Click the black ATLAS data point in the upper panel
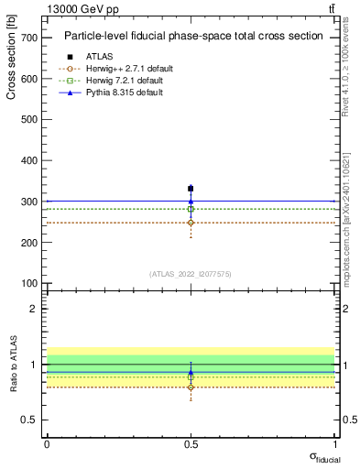tap(191, 189)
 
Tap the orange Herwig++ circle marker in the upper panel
tap(191, 223)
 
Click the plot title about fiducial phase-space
tap(192, 37)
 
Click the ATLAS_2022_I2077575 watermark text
tap(191, 274)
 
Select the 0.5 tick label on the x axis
tap(191, 443)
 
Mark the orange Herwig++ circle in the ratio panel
tap(191, 387)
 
